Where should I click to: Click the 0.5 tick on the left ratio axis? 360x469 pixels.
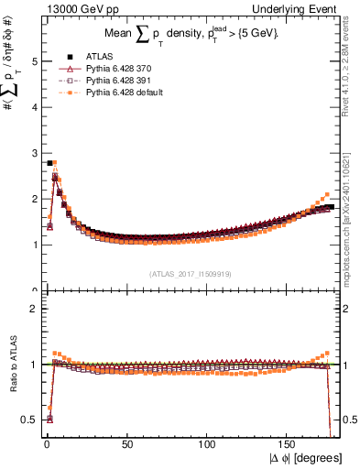click(31, 420)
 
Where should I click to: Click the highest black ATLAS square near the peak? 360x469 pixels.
click(49, 163)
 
